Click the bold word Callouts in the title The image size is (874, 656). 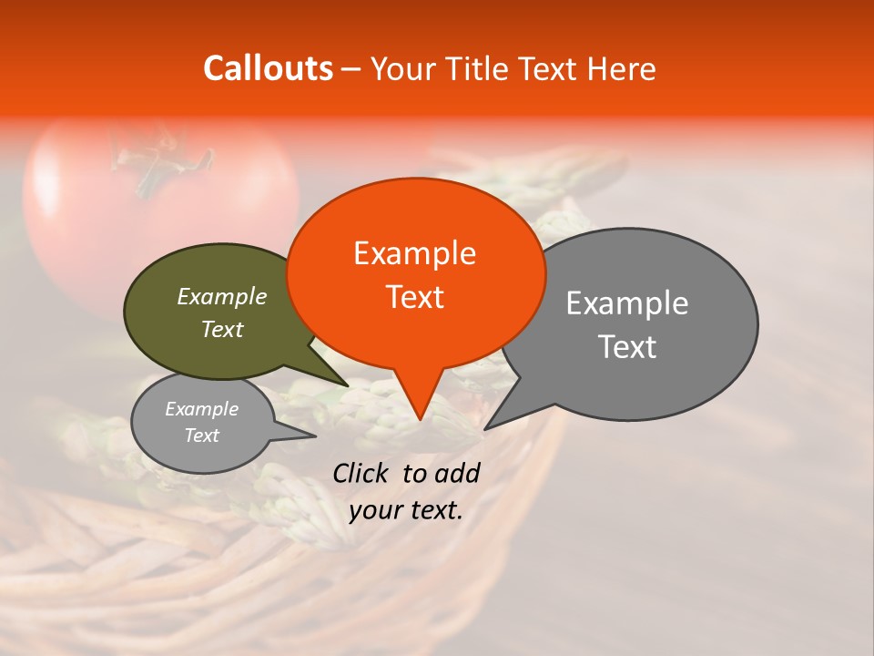[x=268, y=69]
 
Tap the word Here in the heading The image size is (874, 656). [x=622, y=69]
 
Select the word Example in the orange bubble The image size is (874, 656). [x=414, y=253]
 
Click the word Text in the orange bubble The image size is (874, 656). [x=414, y=297]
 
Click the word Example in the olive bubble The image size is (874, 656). [x=221, y=296]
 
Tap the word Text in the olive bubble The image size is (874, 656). [x=221, y=329]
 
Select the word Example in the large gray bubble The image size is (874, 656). [x=626, y=303]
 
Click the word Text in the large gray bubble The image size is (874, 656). [x=627, y=347]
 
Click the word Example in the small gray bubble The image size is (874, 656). [x=201, y=409]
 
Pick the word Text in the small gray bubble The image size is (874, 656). [x=201, y=436]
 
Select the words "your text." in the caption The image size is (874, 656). [x=406, y=510]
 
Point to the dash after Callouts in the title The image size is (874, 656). [x=351, y=69]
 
